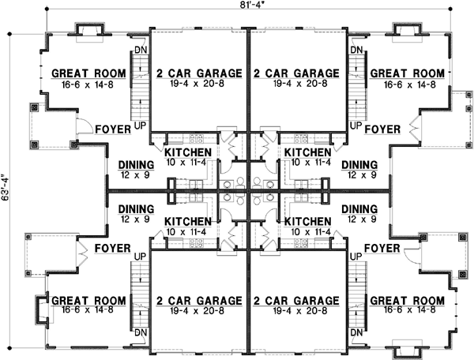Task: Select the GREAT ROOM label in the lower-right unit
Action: click(x=406, y=301)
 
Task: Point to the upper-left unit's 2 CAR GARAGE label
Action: click(x=199, y=73)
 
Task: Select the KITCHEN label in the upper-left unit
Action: click(x=187, y=152)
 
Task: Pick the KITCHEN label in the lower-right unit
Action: click(x=308, y=222)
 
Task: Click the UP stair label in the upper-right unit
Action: click(x=355, y=126)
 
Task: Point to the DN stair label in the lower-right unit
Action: click(x=355, y=332)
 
